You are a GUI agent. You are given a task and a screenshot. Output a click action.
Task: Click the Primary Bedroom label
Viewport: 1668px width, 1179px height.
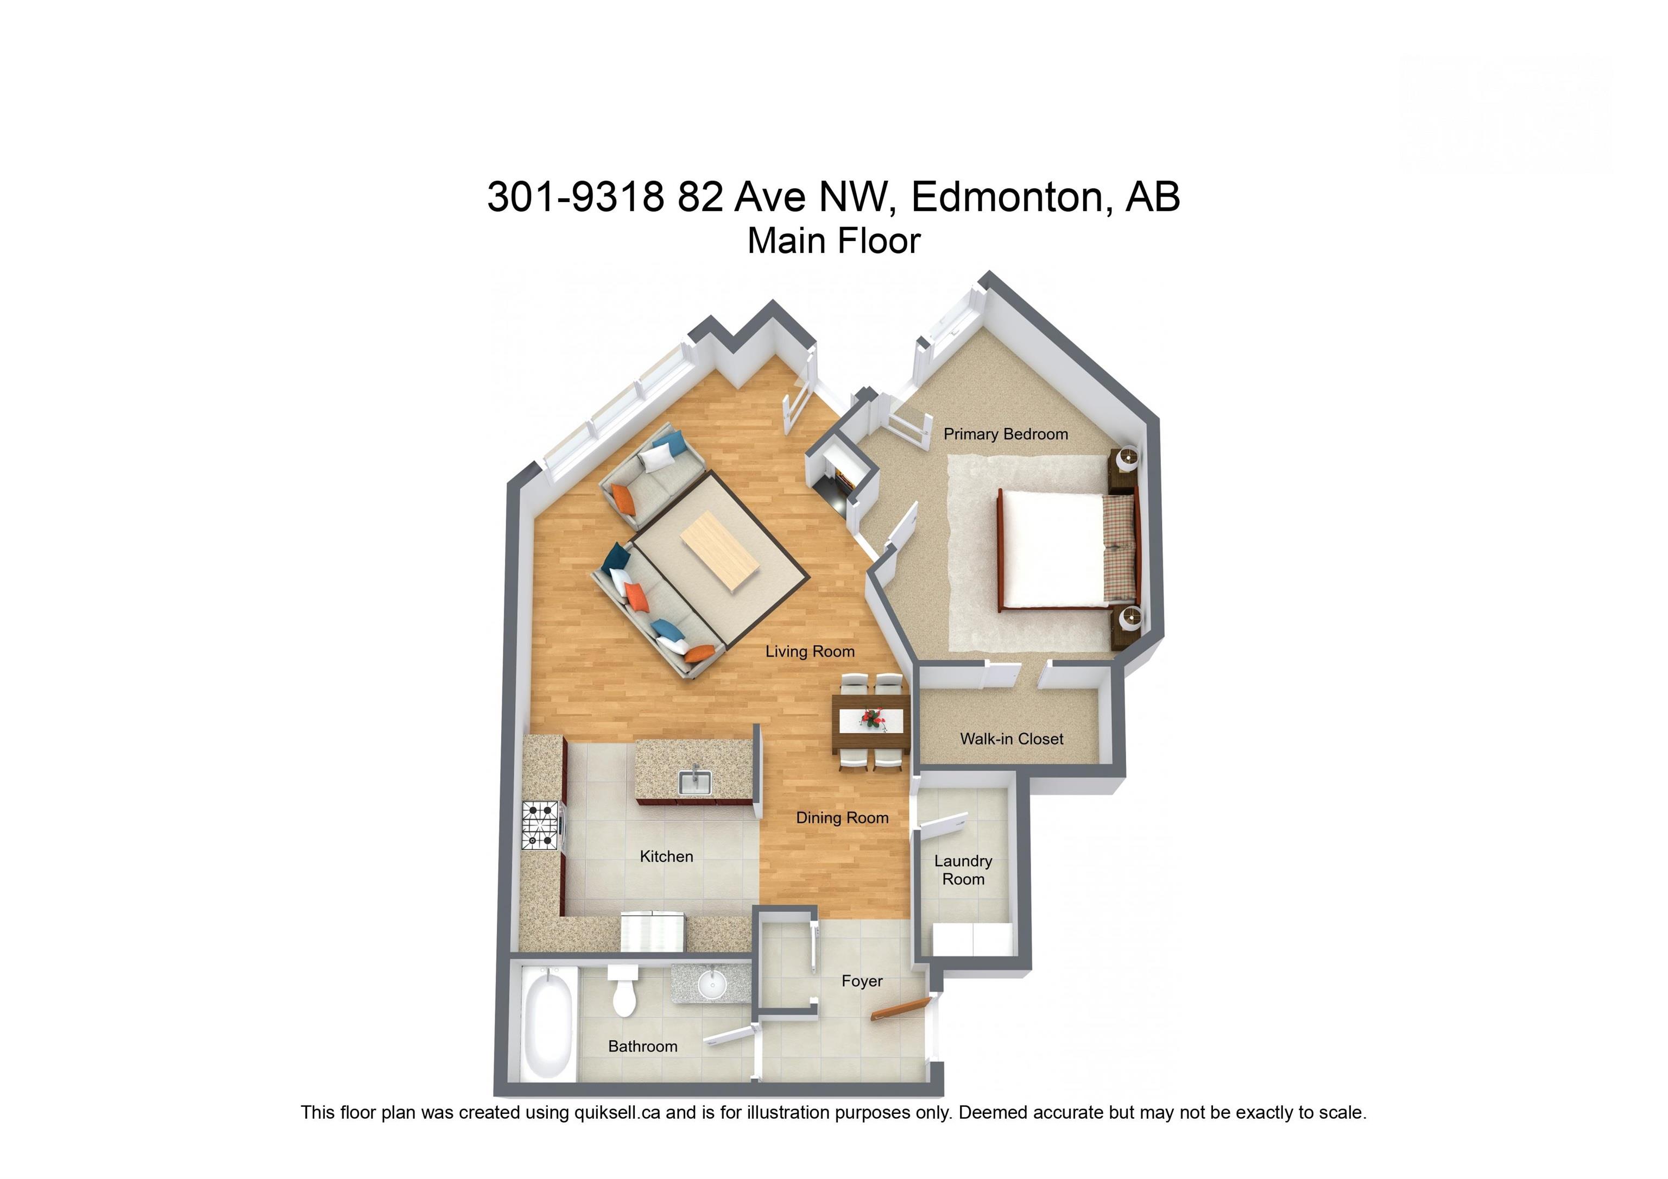(1006, 434)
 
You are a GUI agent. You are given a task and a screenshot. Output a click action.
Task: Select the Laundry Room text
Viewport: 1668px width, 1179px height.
(963, 869)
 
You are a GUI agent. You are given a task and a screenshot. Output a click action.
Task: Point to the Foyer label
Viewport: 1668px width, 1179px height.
(862, 981)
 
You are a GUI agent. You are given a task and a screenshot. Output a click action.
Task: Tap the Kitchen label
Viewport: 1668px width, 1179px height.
(666, 856)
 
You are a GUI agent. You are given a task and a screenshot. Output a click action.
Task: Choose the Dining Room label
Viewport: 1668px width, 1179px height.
(842, 818)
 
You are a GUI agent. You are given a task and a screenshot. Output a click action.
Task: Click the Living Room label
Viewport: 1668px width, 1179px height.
(810, 652)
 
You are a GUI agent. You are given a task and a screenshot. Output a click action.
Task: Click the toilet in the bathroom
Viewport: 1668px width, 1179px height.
(623, 992)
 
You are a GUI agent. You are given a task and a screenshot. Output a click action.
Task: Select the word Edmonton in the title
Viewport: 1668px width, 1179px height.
(1010, 197)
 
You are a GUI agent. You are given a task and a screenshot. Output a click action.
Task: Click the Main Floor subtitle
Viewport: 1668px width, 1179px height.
(833, 241)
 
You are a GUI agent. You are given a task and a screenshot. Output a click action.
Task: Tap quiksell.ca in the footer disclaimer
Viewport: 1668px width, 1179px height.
(617, 1112)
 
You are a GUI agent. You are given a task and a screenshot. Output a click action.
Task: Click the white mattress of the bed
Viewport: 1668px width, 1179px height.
(1053, 548)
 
